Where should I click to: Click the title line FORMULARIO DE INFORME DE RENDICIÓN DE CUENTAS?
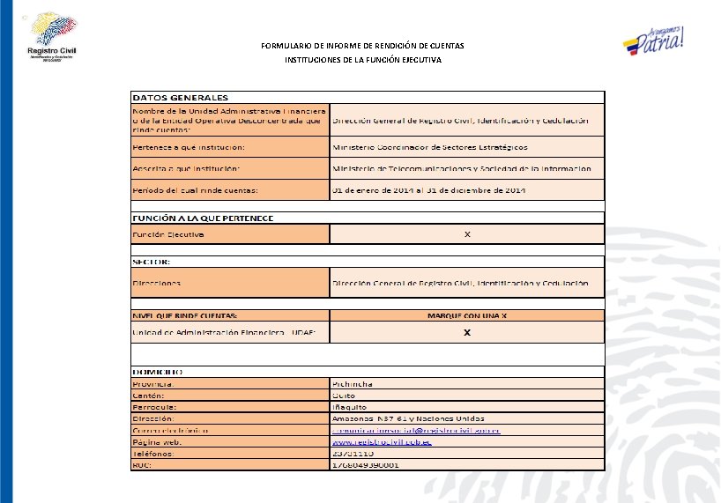pos(362,45)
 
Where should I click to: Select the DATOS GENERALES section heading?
pos(180,97)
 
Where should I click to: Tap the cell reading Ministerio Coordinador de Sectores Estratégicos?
pos(429,146)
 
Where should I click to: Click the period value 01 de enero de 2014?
pos(428,189)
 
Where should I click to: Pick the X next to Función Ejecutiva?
pos(467,234)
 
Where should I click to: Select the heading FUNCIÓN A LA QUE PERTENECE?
pos(203,217)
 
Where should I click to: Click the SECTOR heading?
pos(152,261)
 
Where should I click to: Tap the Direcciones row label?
pos(157,283)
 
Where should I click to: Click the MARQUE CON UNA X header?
pos(466,315)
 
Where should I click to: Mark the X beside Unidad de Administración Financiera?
pos(467,332)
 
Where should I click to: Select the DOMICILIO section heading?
pos(158,373)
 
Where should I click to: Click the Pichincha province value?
pos(353,384)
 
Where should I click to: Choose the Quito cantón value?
pos(343,396)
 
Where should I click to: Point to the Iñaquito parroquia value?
pos(348,407)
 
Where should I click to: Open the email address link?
pos(416,430)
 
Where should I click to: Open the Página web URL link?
pos(381,441)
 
